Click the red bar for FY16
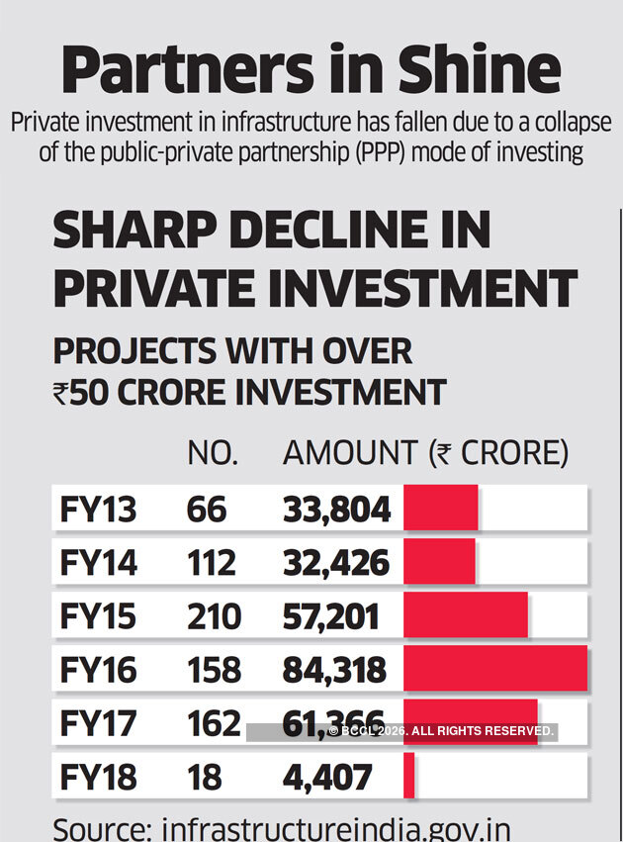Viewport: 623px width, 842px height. click(x=494, y=669)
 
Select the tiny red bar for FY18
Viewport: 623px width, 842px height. click(x=409, y=777)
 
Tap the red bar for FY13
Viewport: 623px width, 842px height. click(x=440, y=509)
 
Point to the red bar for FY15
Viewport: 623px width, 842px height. click(x=465, y=615)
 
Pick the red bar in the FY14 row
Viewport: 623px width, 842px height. click(x=439, y=562)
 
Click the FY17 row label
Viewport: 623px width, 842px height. click(x=98, y=723)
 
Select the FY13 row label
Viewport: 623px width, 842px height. click(x=98, y=510)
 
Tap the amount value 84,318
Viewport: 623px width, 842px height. click(x=334, y=670)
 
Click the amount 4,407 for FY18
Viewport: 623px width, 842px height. click(x=327, y=777)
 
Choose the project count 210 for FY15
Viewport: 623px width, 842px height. click(x=214, y=616)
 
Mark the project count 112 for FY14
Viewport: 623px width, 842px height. click(x=211, y=563)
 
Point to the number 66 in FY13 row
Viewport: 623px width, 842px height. click(x=206, y=510)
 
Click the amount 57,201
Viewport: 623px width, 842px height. click(x=330, y=616)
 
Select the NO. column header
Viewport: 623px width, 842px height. click(x=213, y=453)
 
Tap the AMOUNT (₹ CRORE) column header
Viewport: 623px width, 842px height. click(x=425, y=453)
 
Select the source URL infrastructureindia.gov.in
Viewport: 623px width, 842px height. click(x=335, y=828)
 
